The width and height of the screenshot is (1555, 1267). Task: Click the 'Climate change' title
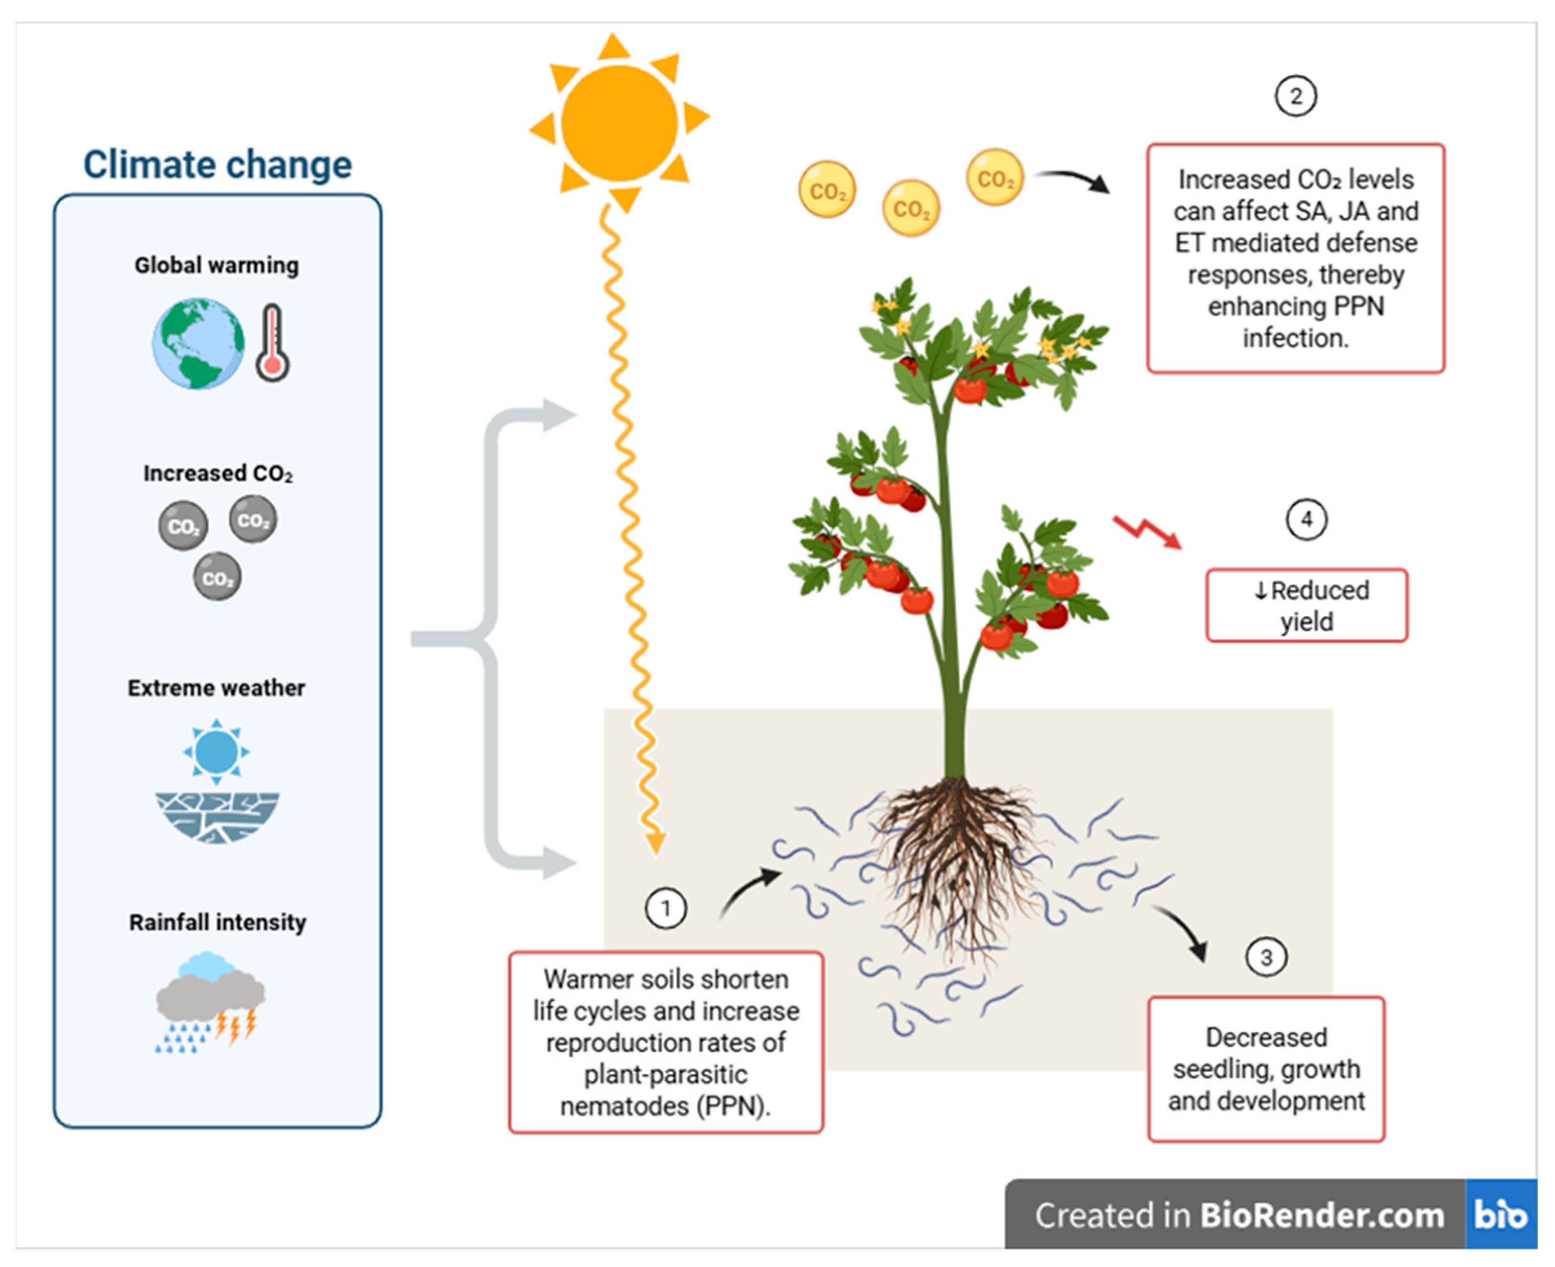[x=217, y=164]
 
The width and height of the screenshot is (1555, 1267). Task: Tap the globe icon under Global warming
[x=199, y=343]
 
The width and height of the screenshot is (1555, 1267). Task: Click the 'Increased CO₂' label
[x=217, y=473]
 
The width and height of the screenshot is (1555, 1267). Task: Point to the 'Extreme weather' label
[x=217, y=687]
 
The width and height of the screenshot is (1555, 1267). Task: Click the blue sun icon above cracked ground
[x=216, y=751]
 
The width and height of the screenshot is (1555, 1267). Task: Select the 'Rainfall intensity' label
[x=217, y=922]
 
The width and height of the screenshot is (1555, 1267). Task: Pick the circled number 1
[x=665, y=909]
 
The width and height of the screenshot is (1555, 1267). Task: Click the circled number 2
[x=1296, y=96]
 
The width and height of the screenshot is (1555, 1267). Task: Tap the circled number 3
[x=1266, y=957]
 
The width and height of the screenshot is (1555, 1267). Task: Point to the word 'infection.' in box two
[x=1296, y=338]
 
